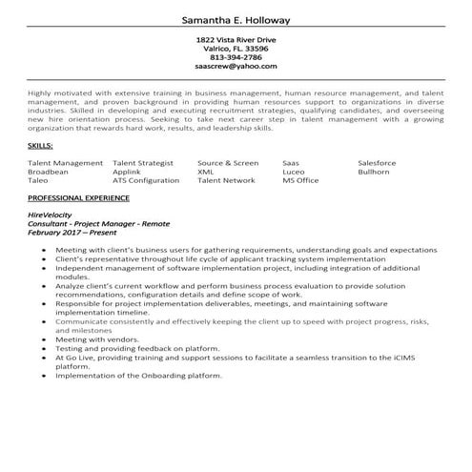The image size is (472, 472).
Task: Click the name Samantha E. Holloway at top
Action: point(236,20)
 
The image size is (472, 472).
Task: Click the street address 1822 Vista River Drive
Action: point(236,39)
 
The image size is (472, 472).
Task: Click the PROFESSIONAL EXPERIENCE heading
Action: point(79,197)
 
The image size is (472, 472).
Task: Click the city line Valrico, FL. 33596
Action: point(236,49)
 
